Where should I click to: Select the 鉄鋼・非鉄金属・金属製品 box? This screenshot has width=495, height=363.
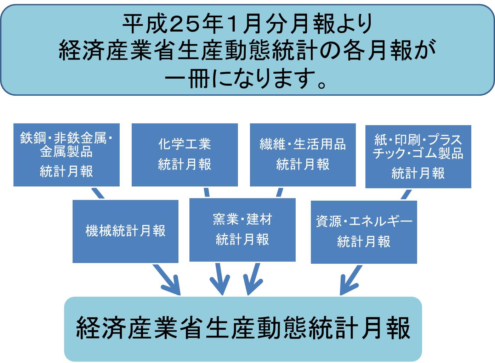coord(67,155)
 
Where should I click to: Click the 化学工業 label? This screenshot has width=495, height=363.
coord(184,144)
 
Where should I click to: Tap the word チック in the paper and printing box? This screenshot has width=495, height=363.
coord(389,153)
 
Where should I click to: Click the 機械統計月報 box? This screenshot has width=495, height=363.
coord(125,231)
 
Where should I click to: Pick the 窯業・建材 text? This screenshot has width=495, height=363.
coord(243,219)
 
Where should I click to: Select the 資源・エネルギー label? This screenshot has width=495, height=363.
coord(364,222)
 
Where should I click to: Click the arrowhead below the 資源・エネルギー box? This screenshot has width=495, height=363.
coord(345,287)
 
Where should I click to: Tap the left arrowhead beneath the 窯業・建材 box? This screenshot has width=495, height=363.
coord(221,287)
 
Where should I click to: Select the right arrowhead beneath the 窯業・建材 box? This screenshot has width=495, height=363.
coord(250,287)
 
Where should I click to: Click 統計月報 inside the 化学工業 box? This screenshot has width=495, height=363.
coord(184,164)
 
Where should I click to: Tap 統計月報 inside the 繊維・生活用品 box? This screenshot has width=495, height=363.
coord(303,164)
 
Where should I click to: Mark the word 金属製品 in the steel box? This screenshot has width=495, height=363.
coord(67,152)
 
